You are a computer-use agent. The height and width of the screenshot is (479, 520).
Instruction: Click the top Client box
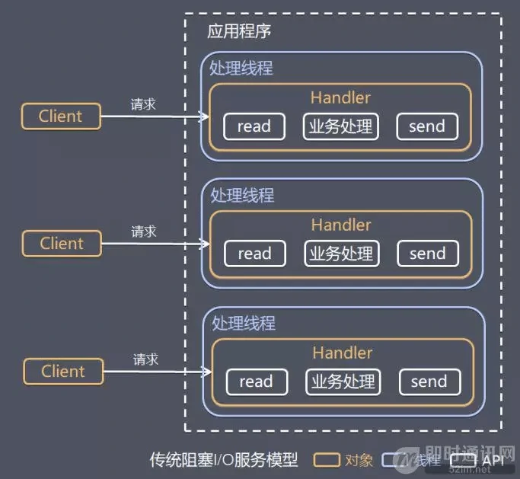[x=61, y=117]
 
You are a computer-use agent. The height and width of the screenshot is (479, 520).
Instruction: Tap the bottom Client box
[x=63, y=372]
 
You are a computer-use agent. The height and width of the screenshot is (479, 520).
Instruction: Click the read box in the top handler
[x=254, y=126]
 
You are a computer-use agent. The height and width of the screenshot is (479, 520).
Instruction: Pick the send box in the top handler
[x=427, y=126]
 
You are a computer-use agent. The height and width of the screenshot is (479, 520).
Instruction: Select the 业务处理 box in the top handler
[x=340, y=126]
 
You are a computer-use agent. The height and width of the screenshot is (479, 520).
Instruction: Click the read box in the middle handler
[x=255, y=254]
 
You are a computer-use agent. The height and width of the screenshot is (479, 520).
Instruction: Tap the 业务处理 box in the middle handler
[x=341, y=254]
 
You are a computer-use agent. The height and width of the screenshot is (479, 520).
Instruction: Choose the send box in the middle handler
[x=428, y=254]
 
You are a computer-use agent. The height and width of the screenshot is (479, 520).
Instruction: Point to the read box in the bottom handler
[x=257, y=382]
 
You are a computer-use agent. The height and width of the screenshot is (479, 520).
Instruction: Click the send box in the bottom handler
[x=429, y=382]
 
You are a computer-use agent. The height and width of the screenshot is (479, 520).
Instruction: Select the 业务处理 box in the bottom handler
[x=343, y=382]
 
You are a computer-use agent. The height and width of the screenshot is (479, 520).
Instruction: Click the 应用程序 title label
[x=239, y=32]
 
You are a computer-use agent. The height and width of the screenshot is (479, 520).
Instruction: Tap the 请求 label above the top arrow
[x=143, y=104]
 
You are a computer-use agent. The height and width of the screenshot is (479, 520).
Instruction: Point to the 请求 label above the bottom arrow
[x=145, y=359]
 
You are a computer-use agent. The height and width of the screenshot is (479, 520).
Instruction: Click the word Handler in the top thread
[x=340, y=97]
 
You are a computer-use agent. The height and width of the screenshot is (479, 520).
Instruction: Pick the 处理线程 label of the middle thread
[x=242, y=196]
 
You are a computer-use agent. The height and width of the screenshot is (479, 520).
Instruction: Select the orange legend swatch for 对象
[x=327, y=460]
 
